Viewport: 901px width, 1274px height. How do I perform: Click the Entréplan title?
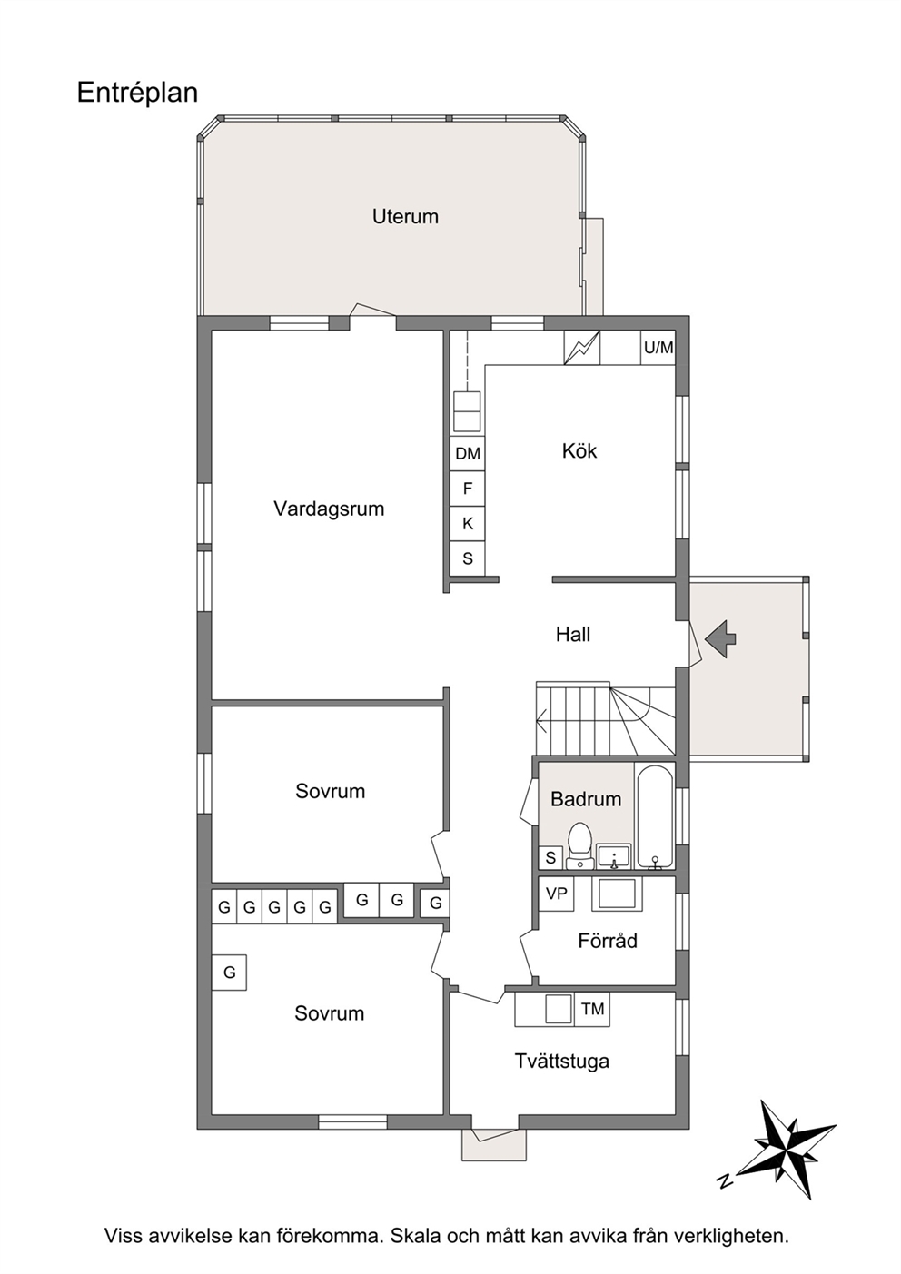click(137, 94)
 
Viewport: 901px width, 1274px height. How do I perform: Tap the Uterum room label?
click(405, 217)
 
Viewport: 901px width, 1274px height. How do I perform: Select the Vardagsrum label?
click(329, 509)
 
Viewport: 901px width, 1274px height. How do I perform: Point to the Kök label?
click(579, 451)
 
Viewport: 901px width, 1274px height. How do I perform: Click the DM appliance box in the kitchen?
click(468, 453)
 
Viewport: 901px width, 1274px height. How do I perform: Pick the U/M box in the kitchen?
click(658, 347)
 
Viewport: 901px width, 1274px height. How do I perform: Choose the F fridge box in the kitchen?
click(468, 489)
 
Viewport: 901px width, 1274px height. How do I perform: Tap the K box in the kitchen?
click(468, 523)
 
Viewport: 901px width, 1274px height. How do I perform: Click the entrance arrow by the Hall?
click(720, 638)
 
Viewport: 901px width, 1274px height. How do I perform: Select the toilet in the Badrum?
click(580, 845)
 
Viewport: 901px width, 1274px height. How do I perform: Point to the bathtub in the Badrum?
click(655, 816)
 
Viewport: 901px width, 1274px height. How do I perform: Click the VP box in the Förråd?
click(556, 894)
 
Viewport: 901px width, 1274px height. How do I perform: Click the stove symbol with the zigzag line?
click(582, 348)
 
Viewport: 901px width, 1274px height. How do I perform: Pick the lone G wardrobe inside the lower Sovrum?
click(229, 973)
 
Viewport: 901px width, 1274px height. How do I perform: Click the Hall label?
click(573, 634)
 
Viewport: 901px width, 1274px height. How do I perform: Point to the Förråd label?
click(608, 941)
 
